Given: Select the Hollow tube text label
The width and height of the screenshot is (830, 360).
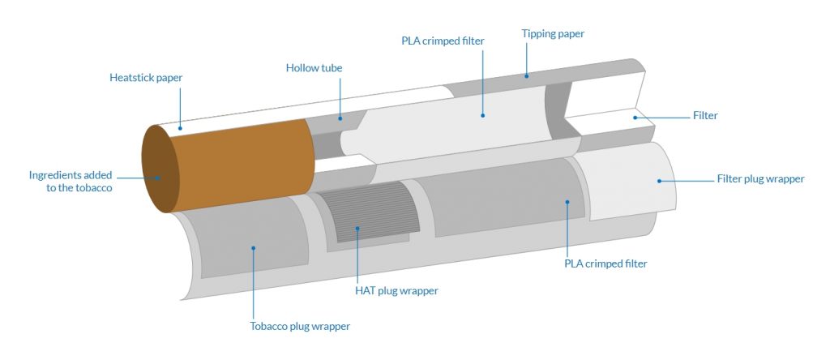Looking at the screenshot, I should tap(314, 68).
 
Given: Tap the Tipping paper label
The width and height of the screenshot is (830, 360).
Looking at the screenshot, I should tap(552, 34).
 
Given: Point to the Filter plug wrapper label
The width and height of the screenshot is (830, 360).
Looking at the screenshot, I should tap(760, 178).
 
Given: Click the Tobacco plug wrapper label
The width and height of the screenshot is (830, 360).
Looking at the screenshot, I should tap(300, 327).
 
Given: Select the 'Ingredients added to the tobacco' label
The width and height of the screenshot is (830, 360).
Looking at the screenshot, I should tap(71, 182).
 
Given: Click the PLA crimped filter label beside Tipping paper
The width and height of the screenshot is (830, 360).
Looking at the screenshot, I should tap(442, 41).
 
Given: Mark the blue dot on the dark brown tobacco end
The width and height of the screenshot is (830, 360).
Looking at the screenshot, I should tap(157, 178).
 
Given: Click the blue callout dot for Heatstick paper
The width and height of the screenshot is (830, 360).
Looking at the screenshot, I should tap(179, 127).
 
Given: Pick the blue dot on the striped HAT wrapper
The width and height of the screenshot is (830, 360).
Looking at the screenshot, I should tap(357, 229).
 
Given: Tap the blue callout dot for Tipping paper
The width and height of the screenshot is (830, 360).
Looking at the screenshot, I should tap(526, 76).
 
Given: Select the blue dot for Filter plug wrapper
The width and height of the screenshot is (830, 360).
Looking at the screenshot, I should tap(658, 179).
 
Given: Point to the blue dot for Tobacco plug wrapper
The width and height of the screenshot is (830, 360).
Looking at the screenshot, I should tap(253, 248).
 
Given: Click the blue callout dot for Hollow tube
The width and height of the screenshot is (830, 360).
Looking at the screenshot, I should tap(340, 119).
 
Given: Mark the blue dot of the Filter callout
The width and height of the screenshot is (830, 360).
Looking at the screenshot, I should tap(636, 118).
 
